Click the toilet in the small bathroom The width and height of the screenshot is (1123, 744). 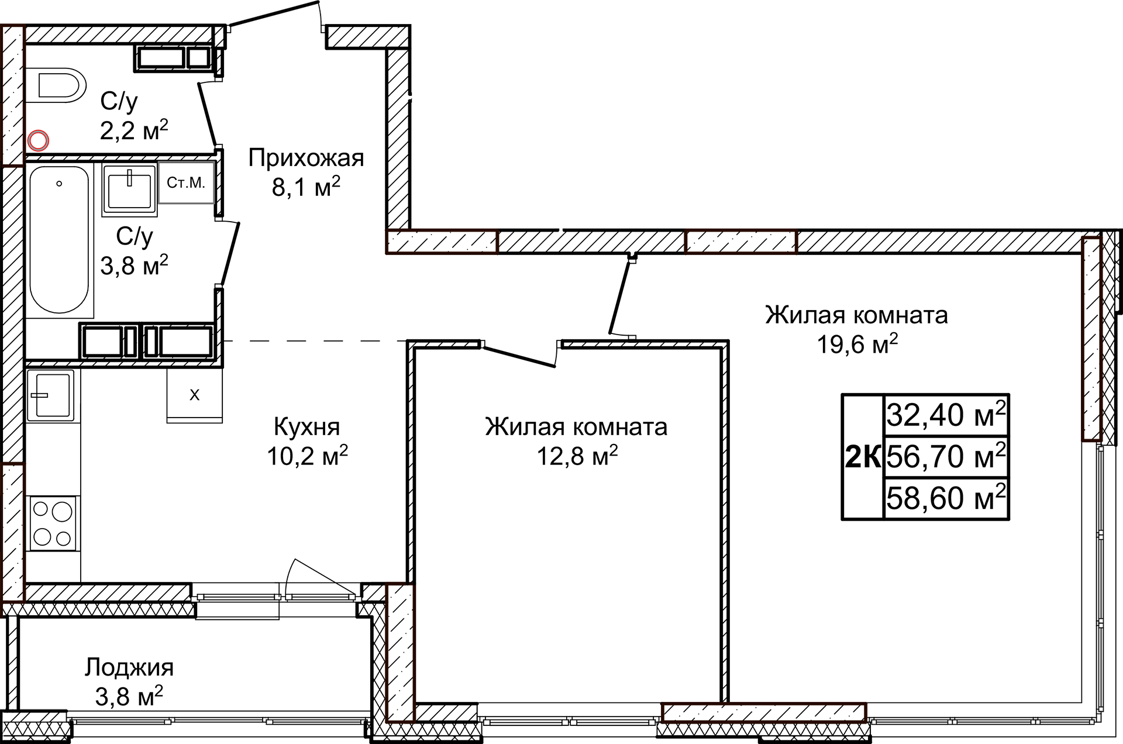tap(58, 85)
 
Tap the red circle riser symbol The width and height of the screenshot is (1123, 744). tap(39, 140)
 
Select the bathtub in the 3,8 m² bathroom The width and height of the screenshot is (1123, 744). tap(59, 240)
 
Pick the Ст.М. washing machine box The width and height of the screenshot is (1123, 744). tap(186, 183)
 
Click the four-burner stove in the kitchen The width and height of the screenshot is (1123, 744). tap(52, 523)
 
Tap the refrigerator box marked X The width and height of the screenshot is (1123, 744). tap(194, 395)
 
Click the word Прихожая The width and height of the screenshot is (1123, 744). tap(306, 158)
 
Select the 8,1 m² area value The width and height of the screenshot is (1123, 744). tap(306, 188)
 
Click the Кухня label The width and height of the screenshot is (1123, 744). tap(306, 427)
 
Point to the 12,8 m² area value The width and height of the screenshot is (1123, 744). tap(577, 456)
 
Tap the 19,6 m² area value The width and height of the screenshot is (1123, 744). tap(857, 345)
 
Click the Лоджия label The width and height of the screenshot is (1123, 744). tap(129, 667)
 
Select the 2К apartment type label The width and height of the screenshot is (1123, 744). tap(863, 457)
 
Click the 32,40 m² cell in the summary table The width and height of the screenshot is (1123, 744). tap(946, 415)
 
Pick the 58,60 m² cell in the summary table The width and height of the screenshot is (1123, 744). tap(946, 498)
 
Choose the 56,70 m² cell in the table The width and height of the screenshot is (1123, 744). tap(946, 457)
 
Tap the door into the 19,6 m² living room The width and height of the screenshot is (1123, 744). tap(622, 298)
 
